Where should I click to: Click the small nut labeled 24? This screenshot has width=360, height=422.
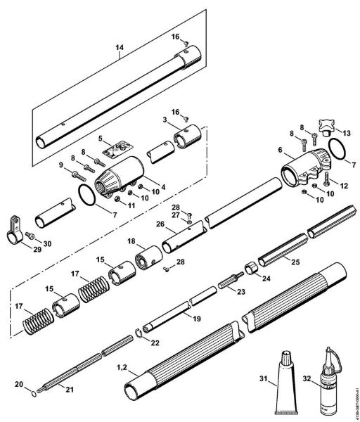coord(249,269)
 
